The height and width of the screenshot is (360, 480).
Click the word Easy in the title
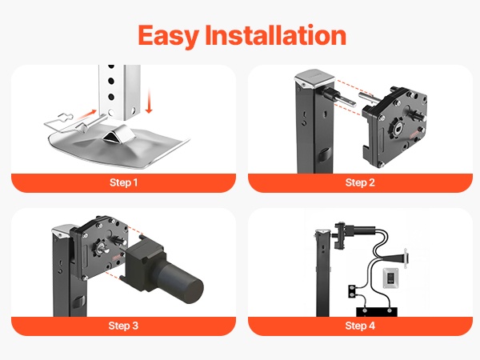pos(168,36)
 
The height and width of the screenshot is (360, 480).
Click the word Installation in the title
pos(275,34)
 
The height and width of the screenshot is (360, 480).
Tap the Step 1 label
pos(124,182)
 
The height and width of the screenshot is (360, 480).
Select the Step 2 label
pos(360,182)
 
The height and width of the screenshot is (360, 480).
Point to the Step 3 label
pos(123,326)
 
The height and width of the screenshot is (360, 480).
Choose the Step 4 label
pos(360,326)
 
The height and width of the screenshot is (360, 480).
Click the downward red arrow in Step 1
pos(149,101)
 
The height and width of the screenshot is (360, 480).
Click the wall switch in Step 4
pos(391,278)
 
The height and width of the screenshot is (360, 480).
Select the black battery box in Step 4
pos(377,312)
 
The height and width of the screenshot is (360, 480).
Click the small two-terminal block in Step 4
pos(352,291)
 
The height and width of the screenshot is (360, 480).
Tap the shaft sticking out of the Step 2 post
pos(340,97)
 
